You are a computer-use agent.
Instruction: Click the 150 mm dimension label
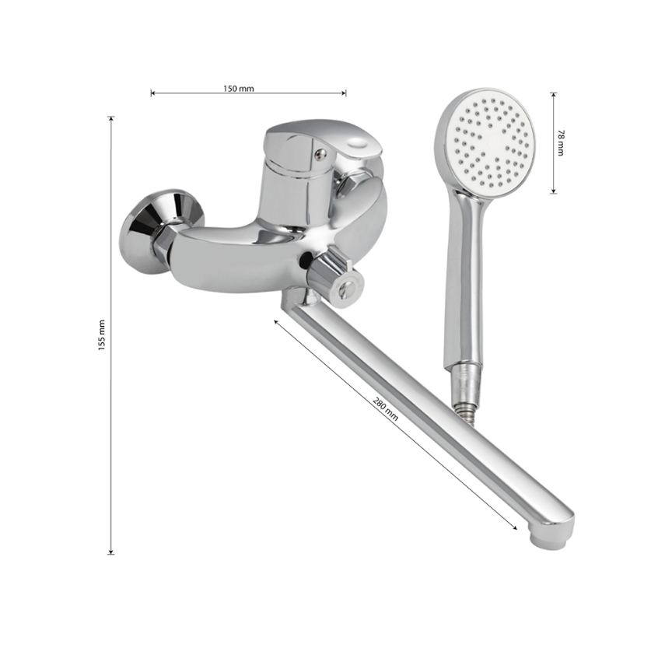(x=239, y=88)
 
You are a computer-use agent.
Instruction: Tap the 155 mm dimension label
(x=101, y=335)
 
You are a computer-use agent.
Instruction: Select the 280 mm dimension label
(x=385, y=408)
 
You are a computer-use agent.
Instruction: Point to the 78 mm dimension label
(x=560, y=142)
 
